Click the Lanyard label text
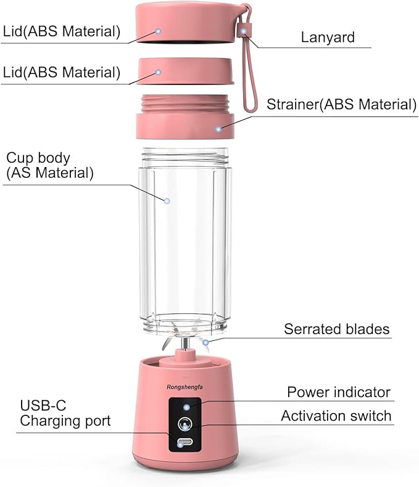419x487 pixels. click(x=328, y=36)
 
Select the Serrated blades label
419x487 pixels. click(x=336, y=329)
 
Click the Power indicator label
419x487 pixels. click(x=339, y=392)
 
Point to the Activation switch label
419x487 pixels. click(x=336, y=416)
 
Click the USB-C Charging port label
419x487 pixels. click(x=65, y=413)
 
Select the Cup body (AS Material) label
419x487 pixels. click(x=50, y=165)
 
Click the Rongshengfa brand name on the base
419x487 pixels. click(x=185, y=388)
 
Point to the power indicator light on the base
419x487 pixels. click(x=186, y=407)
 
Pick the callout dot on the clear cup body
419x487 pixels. click(x=166, y=200)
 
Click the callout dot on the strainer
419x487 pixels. click(x=218, y=129)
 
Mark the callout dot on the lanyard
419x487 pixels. click(x=245, y=31)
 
